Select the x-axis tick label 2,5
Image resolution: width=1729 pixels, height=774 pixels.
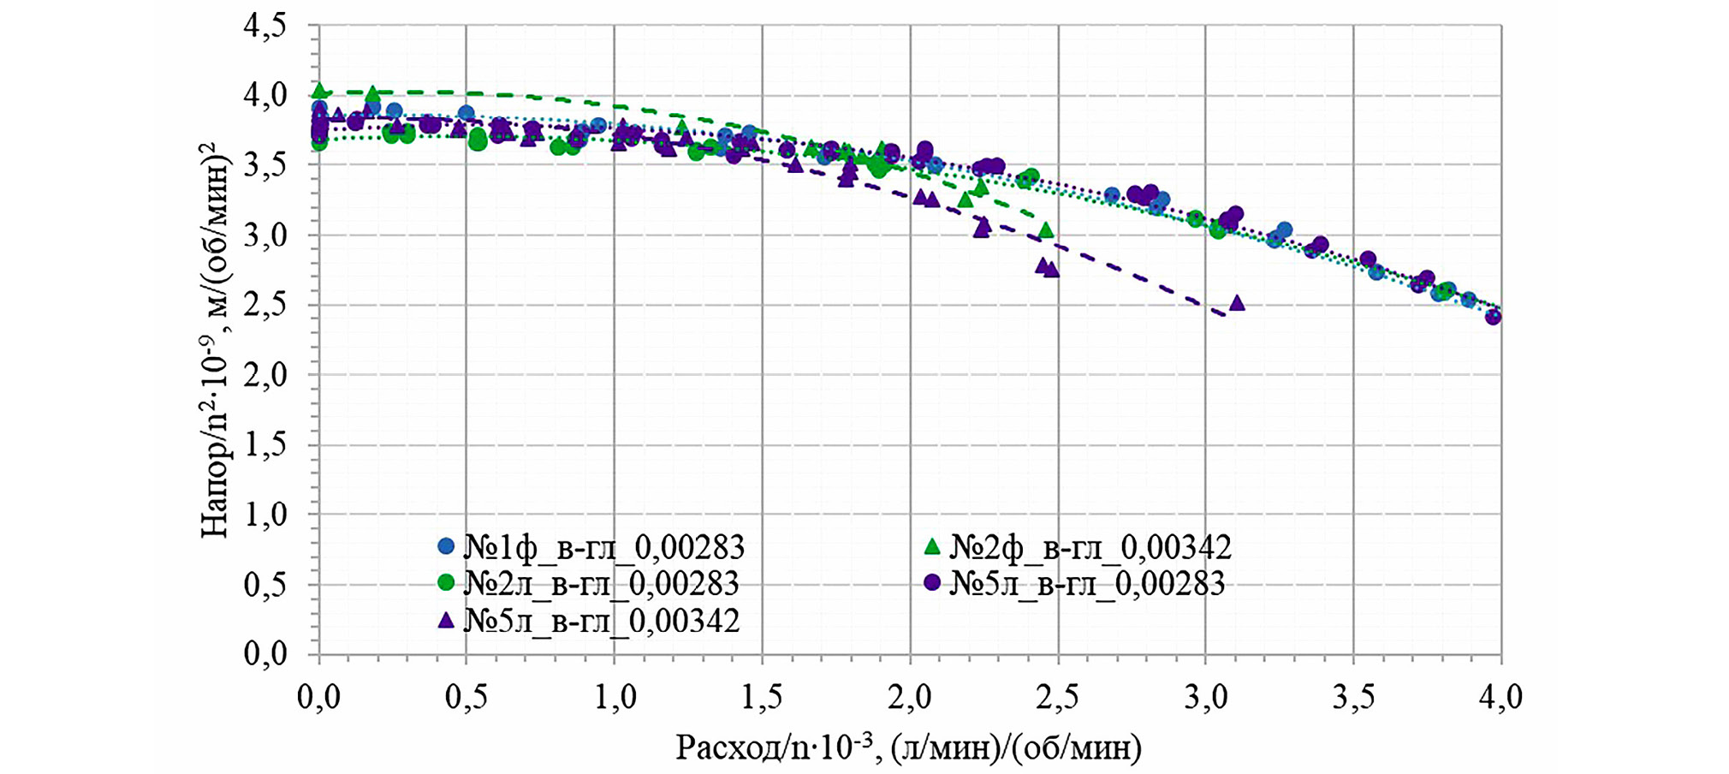tap(1058, 697)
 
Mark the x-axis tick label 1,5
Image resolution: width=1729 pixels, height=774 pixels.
tap(763, 697)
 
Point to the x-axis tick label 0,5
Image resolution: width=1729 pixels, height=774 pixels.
tap(466, 697)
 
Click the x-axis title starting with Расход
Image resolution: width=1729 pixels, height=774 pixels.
tap(909, 747)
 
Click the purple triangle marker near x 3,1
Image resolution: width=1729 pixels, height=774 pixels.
tap(1237, 303)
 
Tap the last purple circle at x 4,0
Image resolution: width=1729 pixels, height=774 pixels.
tap(1494, 317)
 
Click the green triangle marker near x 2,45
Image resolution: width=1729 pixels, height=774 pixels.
tap(1045, 230)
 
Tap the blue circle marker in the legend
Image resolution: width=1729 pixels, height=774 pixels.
tap(445, 545)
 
